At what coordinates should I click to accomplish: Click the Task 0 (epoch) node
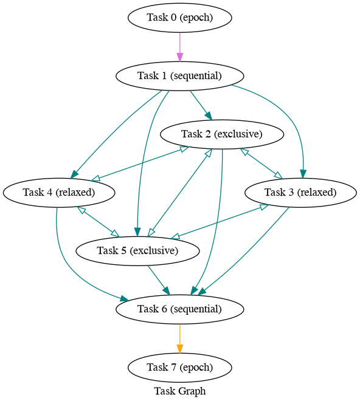[179, 18]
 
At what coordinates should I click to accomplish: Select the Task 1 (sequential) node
[179, 76]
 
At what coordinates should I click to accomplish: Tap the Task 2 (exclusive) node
[221, 134]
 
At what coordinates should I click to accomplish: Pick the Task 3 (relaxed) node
[300, 193]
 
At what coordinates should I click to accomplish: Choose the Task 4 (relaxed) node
[59, 193]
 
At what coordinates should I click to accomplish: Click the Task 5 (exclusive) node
[137, 251]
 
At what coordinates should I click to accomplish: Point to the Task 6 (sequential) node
[179, 309]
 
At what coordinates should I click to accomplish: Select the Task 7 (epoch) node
[179, 368]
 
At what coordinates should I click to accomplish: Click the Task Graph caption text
[179, 391]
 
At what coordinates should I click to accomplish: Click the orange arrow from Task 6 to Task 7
[179, 338]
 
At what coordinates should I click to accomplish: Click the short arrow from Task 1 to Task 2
[200, 104]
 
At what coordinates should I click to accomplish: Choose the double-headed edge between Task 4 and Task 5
[98, 222]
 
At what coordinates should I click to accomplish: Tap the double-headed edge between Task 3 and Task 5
[219, 222]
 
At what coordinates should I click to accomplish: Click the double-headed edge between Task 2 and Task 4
[140, 163]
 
